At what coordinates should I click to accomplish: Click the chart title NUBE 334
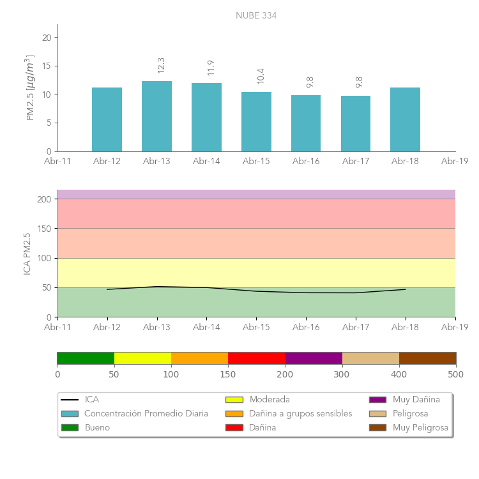[x=256, y=15]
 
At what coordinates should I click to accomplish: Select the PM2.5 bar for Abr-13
[x=156, y=116]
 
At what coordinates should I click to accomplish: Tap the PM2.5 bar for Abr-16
[x=306, y=123]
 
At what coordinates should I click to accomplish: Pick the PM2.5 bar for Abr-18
[x=405, y=119]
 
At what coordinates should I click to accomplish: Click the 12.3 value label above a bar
[x=161, y=65]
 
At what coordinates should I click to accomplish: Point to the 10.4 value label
[x=261, y=76]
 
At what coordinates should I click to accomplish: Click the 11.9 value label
[x=211, y=68]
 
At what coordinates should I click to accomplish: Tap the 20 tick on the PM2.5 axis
[x=47, y=38]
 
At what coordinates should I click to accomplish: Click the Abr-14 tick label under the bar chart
[x=206, y=162]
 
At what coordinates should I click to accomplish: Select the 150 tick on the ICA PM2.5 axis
[x=44, y=229]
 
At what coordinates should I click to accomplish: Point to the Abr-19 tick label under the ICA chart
[x=455, y=327]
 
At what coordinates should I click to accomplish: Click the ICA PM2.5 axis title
[x=27, y=254]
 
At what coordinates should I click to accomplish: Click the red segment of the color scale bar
[x=256, y=358]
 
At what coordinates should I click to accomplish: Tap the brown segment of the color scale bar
[x=427, y=358]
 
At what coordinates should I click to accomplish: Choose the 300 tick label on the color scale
[x=342, y=375]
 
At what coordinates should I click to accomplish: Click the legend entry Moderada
[x=270, y=400]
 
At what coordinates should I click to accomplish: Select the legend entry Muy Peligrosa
[x=420, y=428]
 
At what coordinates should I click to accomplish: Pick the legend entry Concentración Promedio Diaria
[x=146, y=414]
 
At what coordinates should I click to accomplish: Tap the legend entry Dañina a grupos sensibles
[x=300, y=414]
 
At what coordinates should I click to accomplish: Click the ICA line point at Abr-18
[x=405, y=289]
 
